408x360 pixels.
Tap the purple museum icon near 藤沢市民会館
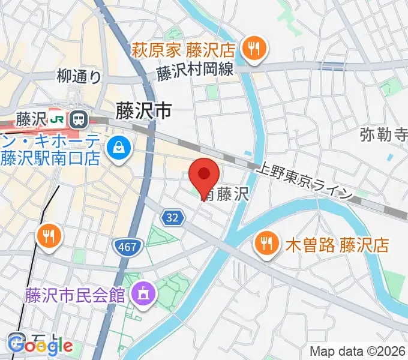(143, 294)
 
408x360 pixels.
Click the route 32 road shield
(172, 219)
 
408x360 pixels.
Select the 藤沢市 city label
(143, 110)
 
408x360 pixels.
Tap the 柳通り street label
(79, 76)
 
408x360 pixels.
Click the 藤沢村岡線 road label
(195, 71)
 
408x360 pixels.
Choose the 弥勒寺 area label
(384, 134)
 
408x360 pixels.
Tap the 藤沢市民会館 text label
(74, 295)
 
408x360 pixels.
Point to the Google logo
(41, 345)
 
